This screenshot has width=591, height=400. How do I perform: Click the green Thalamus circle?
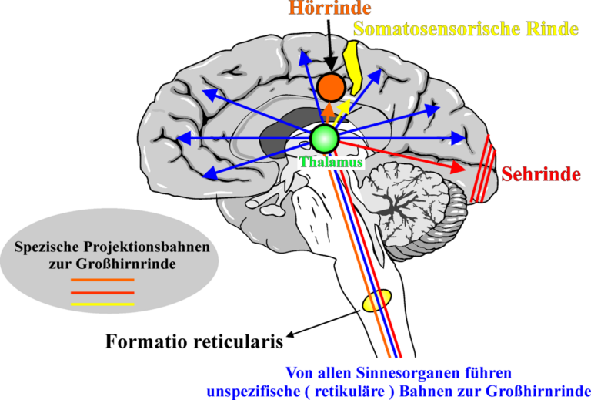click(325, 138)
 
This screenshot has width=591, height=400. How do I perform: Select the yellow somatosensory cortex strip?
click(355, 67)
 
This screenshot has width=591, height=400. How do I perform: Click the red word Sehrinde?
click(540, 173)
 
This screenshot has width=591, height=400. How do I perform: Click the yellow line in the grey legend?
click(102, 304)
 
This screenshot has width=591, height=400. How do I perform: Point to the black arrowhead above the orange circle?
click(330, 66)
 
